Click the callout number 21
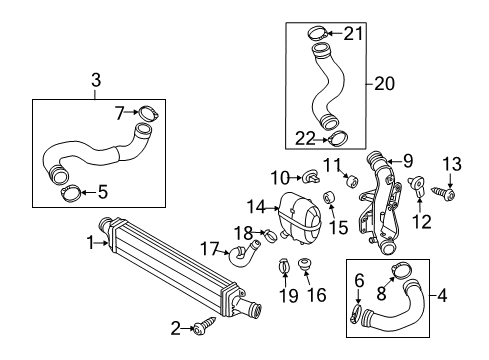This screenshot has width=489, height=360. (353, 33)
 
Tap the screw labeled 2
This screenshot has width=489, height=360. (204, 326)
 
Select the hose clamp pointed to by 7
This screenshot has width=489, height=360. (148, 113)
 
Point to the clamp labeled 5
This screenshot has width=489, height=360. (71, 194)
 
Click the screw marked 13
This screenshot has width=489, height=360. (444, 192)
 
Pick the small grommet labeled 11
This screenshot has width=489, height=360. (352, 181)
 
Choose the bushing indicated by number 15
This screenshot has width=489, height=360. (329, 198)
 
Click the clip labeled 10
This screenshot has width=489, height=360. (311, 177)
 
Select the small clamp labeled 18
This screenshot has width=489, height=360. (271, 235)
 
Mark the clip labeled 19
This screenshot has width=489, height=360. (284, 265)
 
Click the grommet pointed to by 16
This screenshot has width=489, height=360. (304, 264)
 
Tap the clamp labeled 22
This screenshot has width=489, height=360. (338, 138)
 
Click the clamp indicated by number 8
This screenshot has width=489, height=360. (401, 270)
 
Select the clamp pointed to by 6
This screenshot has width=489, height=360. (356, 314)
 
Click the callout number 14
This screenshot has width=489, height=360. (256, 207)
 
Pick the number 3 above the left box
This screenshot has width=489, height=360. (96, 80)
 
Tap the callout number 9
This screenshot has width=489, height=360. (407, 161)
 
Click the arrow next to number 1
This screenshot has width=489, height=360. (102, 243)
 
